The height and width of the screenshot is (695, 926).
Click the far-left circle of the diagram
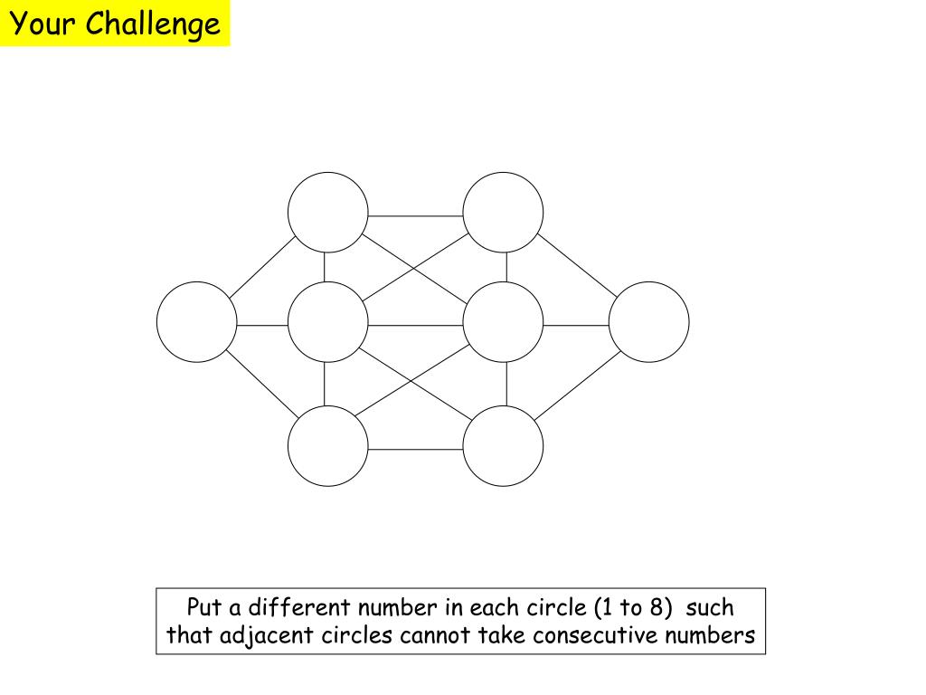(x=196, y=322)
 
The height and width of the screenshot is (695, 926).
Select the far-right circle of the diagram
(x=648, y=322)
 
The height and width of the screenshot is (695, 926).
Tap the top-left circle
(x=328, y=213)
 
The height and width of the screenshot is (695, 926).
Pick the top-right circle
(x=503, y=213)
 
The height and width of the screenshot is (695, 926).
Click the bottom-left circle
(x=328, y=445)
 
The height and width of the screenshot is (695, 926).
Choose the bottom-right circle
(x=503, y=445)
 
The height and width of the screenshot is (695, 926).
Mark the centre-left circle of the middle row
(x=328, y=322)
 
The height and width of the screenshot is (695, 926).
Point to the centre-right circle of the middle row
(x=503, y=322)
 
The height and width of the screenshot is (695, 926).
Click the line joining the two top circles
(x=416, y=216)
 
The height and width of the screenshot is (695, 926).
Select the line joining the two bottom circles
(x=416, y=449)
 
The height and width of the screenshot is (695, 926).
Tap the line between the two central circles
(x=416, y=325)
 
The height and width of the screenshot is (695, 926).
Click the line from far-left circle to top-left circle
(x=262, y=267)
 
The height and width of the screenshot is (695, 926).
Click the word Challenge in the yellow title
(x=153, y=24)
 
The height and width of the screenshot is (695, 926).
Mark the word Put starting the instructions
(x=204, y=607)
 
